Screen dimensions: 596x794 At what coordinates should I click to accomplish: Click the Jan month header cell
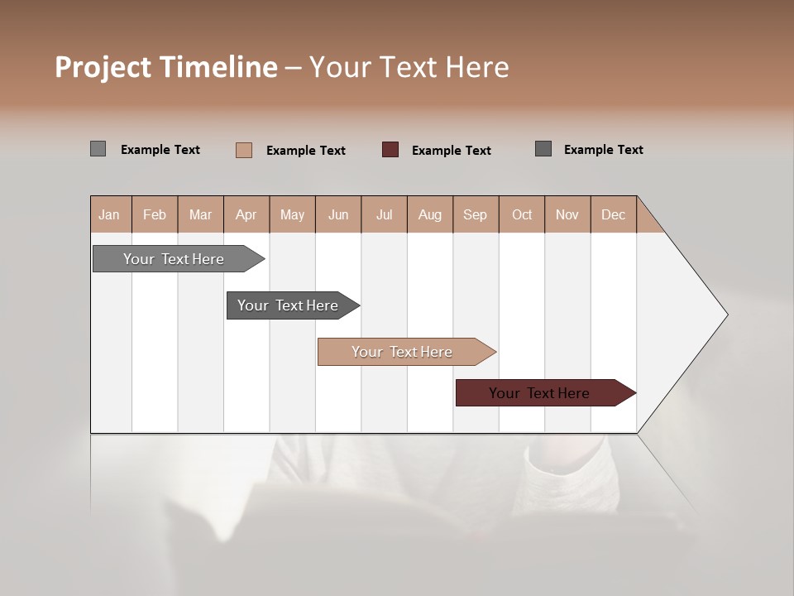(x=110, y=214)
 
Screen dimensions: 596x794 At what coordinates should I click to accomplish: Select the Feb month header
(x=155, y=214)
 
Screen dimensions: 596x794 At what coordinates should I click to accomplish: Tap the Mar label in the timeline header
(x=200, y=214)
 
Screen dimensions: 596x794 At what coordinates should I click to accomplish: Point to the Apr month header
(x=246, y=214)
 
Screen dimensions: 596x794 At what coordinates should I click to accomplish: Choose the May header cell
(x=292, y=214)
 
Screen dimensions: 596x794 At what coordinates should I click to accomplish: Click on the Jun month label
(x=338, y=214)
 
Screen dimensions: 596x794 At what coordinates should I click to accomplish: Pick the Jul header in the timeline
(x=384, y=214)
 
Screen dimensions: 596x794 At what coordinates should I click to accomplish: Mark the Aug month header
(x=430, y=214)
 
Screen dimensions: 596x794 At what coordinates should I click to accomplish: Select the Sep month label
(x=476, y=214)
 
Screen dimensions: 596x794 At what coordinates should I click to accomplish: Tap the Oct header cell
(x=522, y=214)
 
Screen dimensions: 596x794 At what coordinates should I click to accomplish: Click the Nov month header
(x=567, y=214)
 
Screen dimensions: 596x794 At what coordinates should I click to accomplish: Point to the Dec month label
(x=614, y=214)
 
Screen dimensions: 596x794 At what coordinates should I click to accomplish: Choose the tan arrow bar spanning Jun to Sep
(x=403, y=352)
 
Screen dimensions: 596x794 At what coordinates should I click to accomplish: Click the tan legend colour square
(x=244, y=150)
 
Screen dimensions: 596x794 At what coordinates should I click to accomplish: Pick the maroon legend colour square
(x=390, y=150)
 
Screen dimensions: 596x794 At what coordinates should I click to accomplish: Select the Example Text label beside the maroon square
(x=452, y=151)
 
